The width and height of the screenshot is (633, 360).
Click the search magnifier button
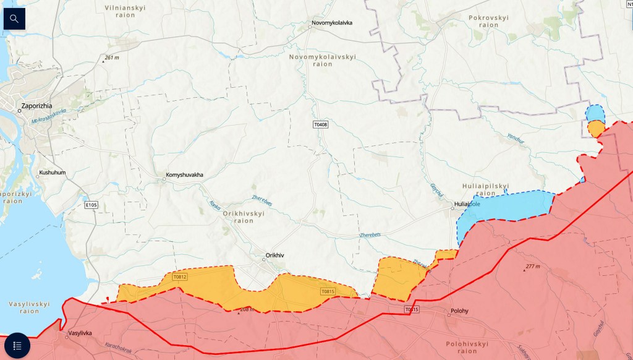click(14, 19)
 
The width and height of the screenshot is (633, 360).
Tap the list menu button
click(17, 345)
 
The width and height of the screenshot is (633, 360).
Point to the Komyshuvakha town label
click(184, 175)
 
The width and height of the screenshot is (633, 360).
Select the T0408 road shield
click(320, 125)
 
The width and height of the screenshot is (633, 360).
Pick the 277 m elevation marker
click(532, 267)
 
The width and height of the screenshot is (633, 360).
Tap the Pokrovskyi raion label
click(488, 22)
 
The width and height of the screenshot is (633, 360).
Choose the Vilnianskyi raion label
click(125, 11)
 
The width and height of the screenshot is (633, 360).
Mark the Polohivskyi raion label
click(467, 347)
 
